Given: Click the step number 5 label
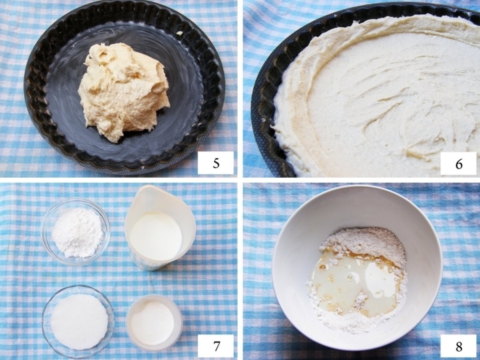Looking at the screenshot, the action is coord(216,163).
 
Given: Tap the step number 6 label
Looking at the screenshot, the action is coord(458,164).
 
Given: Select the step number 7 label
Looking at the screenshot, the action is coord(216,346).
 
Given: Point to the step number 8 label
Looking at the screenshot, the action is coord(458,346).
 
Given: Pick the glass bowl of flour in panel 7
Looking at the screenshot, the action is coord(76,231).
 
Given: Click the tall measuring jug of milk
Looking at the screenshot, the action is coord(160,227).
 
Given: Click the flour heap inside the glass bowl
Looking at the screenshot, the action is coord(78,233).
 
